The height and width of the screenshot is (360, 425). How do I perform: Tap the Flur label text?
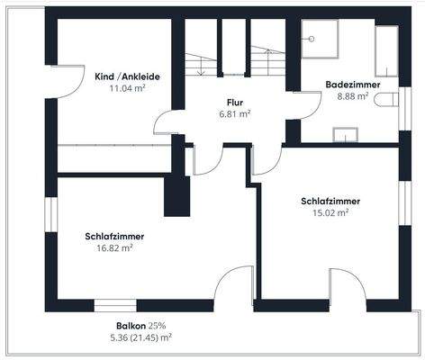[235, 103]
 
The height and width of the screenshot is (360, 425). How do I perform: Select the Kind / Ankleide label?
[127, 77]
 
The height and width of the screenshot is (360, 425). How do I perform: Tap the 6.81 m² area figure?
[235, 114]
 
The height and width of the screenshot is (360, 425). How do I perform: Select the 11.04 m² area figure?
[127, 89]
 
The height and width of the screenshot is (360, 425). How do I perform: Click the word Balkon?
[131, 325]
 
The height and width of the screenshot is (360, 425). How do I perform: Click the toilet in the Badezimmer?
[388, 100]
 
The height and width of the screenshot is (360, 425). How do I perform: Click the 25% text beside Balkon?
[158, 325]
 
